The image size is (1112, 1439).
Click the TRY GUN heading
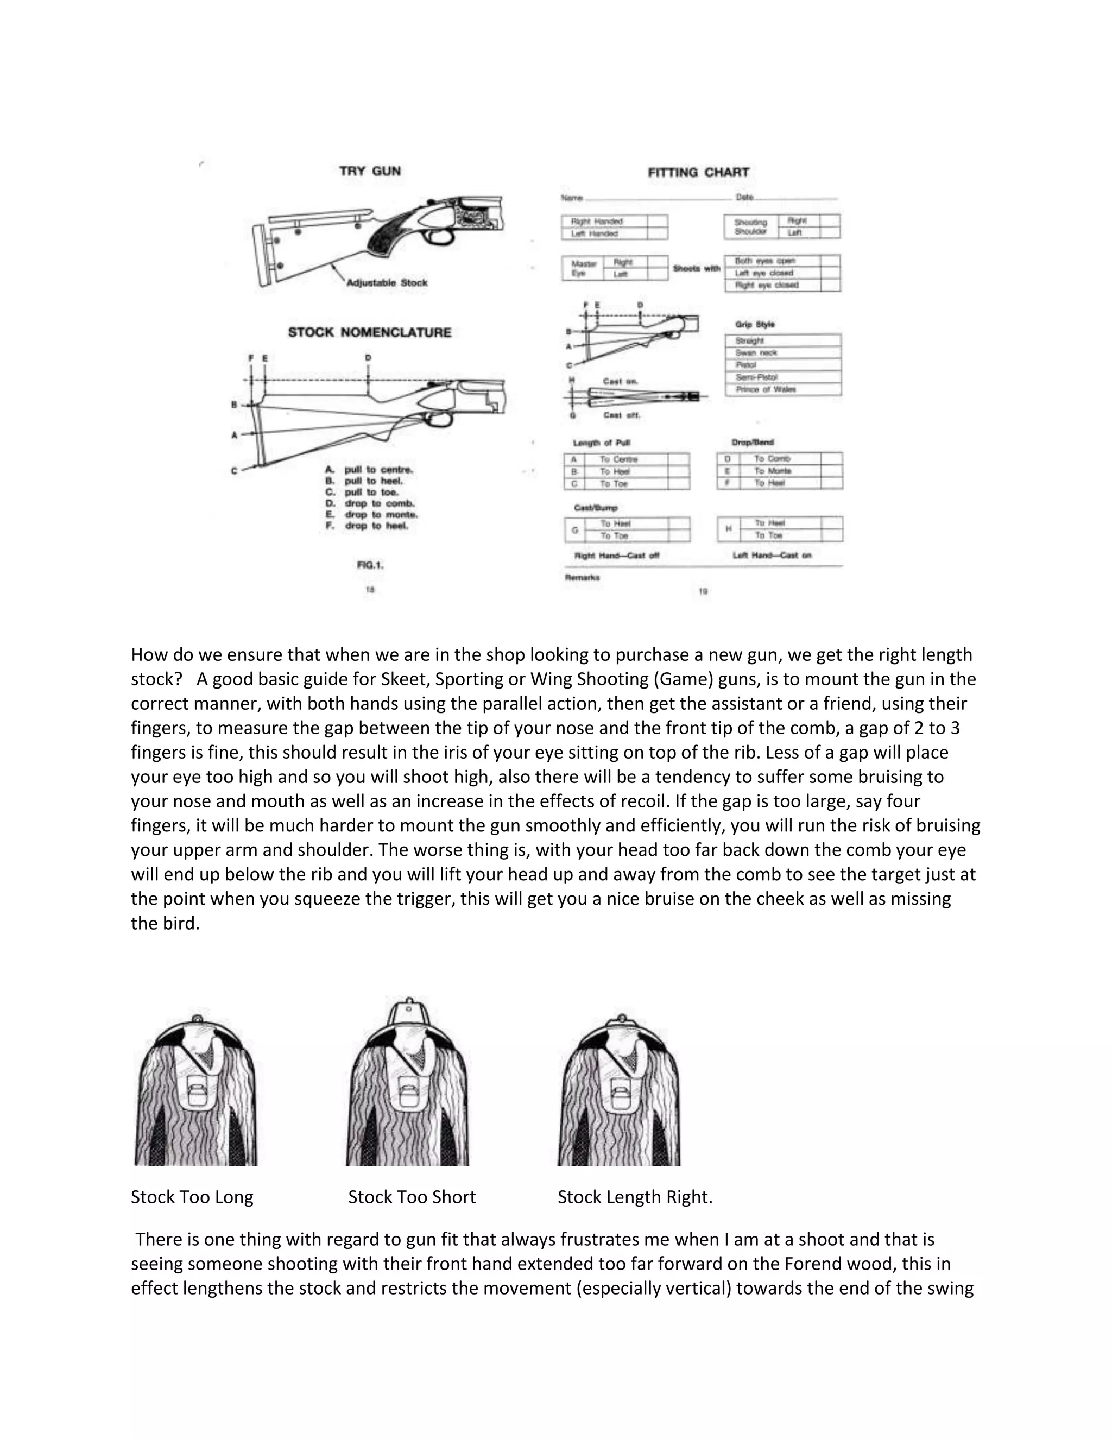click(370, 171)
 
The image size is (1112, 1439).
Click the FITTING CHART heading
click(698, 173)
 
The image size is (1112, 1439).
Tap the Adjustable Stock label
click(387, 283)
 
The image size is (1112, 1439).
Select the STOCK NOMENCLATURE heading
click(370, 333)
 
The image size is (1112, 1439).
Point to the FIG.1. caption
click(370, 565)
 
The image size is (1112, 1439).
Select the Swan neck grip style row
click(756, 353)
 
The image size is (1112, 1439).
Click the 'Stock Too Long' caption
click(192, 1197)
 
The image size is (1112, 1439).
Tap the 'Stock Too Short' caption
click(412, 1197)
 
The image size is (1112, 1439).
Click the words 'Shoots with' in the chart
click(696, 268)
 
